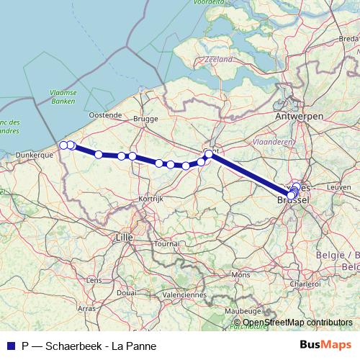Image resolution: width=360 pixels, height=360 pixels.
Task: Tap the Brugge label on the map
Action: pos(145,119)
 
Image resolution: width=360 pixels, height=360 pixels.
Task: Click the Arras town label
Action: pos(86,307)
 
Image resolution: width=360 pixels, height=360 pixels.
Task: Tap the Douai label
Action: pos(127,293)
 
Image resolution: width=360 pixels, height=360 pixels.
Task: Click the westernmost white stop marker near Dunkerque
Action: pos(63,145)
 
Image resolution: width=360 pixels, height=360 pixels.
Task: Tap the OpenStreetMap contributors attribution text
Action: pos(297,323)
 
